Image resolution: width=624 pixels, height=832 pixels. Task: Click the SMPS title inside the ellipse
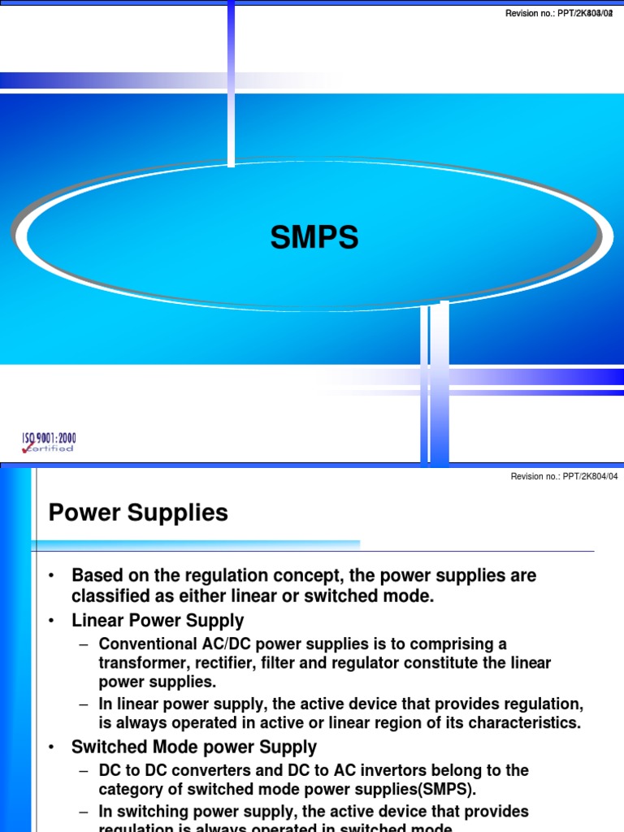point(314,238)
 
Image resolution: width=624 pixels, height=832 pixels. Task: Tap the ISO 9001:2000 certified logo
point(49,443)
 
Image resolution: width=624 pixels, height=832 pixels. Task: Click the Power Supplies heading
point(138,513)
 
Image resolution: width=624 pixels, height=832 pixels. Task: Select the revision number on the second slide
point(564,476)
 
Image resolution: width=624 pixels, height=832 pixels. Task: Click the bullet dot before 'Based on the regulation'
point(50,576)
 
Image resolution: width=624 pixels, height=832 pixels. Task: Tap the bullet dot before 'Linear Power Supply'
point(50,622)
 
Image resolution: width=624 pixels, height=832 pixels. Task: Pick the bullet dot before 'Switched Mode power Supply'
point(50,747)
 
